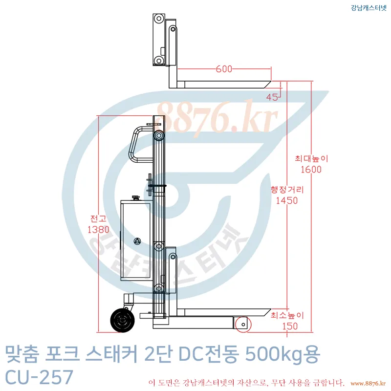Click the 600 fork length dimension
[224, 69]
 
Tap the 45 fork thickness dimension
[272, 97]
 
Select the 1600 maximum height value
[311, 170]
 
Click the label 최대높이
[311, 158]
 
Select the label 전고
[98, 218]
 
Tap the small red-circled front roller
[241, 324]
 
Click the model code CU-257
[39, 377]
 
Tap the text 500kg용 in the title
[282, 354]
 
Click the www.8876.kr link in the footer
[368, 382]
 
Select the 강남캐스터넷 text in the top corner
[369, 7]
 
